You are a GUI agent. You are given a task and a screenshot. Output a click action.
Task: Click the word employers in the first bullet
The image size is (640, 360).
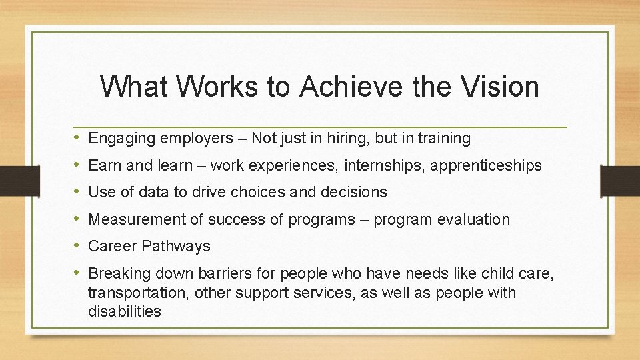[185, 139]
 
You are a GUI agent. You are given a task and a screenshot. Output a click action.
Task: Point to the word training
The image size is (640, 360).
[443, 139]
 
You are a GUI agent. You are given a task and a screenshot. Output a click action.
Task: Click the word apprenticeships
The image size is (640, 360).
[486, 165]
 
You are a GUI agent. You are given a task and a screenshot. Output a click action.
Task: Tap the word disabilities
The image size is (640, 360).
[125, 311]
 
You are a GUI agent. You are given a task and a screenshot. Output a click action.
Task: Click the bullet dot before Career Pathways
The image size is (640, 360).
[77, 246]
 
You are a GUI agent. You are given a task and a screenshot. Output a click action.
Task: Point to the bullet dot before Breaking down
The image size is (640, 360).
[77, 273]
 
